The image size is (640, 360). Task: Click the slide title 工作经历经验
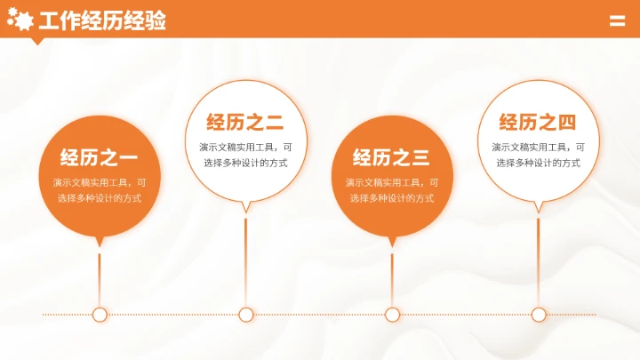pyautogui.click(x=102, y=21)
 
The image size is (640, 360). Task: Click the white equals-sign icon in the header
pyautogui.click(x=617, y=22)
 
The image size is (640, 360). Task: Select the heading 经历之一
pyautogui.click(x=99, y=159)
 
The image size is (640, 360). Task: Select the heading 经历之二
pyautogui.click(x=244, y=123)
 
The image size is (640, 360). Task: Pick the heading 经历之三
pyautogui.click(x=391, y=159)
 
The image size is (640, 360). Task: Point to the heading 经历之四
pyautogui.click(x=538, y=123)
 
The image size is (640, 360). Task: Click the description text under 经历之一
pyautogui.click(x=99, y=190)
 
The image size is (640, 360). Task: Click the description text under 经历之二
pyautogui.click(x=244, y=155)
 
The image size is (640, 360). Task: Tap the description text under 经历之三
pyautogui.click(x=391, y=190)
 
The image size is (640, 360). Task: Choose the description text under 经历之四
pyautogui.click(x=538, y=155)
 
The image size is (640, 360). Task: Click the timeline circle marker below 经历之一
pyautogui.click(x=100, y=314)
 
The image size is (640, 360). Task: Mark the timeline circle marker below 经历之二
pyautogui.click(x=246, y=314)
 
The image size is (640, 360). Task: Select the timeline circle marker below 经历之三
pyautogui.click(x=392, y=314)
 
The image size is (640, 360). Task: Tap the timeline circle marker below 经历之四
pyautogui.click(x=539, y=314)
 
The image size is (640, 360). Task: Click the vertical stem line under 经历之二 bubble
pyautogui.click(x=246, y=258)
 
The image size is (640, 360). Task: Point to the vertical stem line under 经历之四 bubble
pyautogui.click(x=539, y=258)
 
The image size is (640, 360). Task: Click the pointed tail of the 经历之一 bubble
pyautogui.click(x=100, y=240)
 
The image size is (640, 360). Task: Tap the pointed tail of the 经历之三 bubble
pyautogui.click(x=392, y=240)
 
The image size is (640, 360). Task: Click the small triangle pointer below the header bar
pyautogui.click(x=37, y=40)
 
